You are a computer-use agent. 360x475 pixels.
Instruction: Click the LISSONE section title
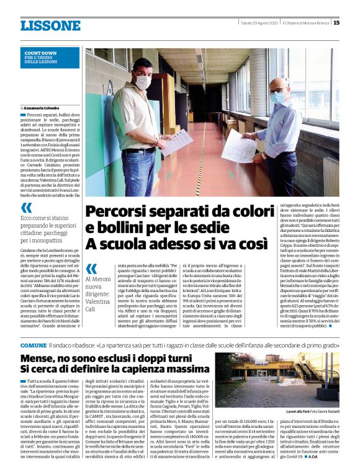tap(50, 25)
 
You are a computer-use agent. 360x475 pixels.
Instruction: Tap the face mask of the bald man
tap(277, 97)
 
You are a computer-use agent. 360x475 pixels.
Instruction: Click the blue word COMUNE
tap(32, 344)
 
